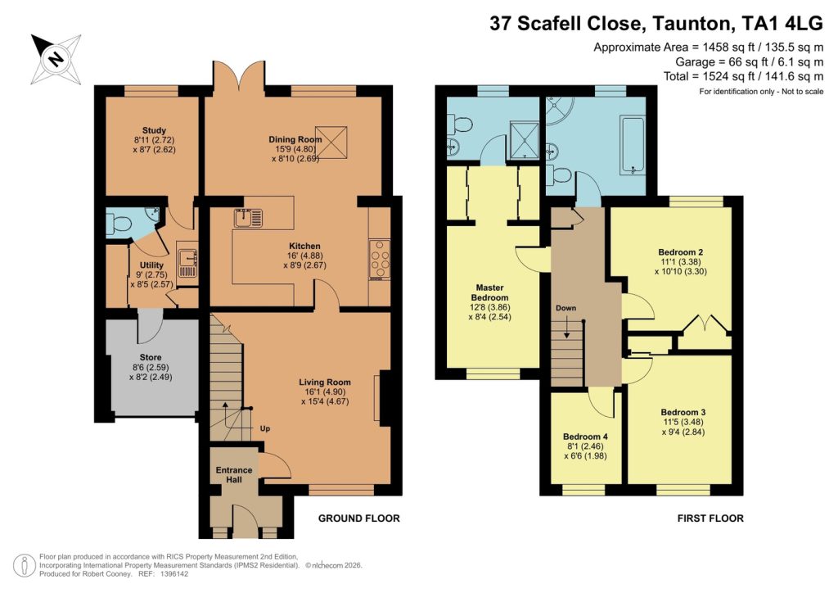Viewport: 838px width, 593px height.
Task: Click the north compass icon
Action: point(56,59)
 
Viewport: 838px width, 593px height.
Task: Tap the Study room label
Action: point(154,130)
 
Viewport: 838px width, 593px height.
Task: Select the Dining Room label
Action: point(295,139)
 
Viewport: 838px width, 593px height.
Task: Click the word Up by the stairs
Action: point(265,428)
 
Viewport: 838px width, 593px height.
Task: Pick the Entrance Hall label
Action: point(234,475)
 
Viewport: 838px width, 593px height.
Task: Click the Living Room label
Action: point(325,382)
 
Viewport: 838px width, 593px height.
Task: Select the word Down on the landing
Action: point(565,309)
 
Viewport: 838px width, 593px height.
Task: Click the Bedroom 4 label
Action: point(585,437)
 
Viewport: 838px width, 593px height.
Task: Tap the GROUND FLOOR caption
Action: point(358,518)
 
